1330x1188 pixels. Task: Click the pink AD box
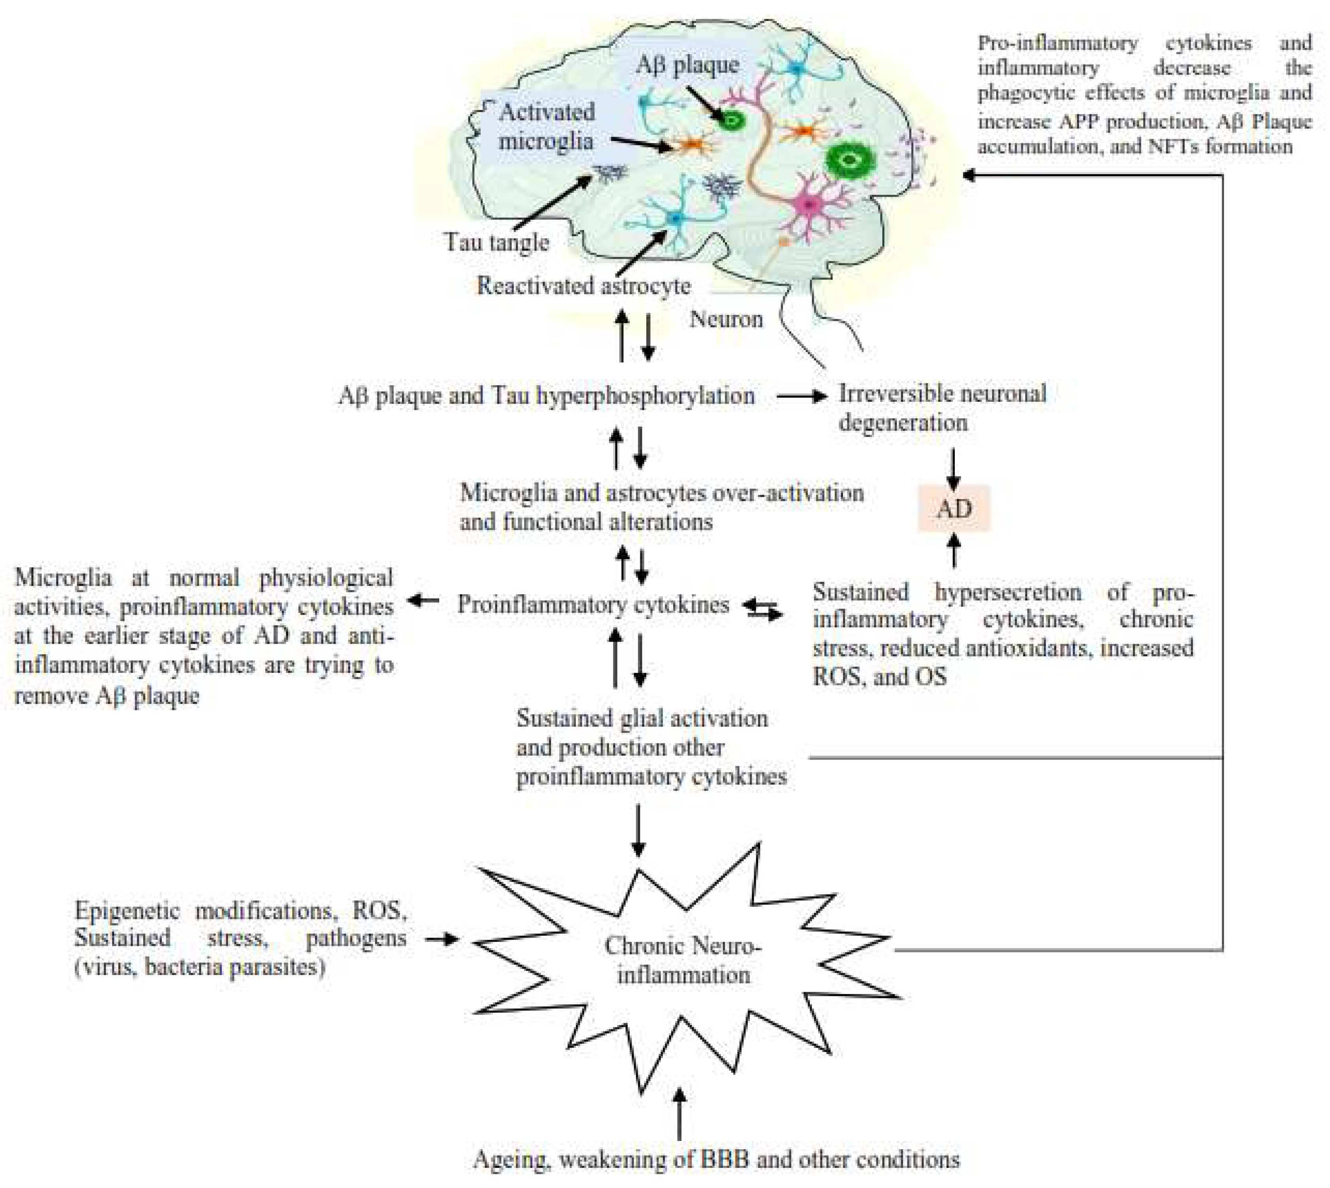point(954,508)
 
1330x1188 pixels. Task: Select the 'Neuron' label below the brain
point(726,319)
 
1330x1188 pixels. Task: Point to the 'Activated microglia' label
point(547,127)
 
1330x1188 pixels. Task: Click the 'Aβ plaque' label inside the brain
point(687,65)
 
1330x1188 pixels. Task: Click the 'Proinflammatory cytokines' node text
point(593,604)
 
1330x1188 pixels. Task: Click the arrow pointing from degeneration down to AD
point(953,469)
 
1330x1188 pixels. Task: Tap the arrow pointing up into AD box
point(954,550)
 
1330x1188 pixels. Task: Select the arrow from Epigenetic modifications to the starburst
point(441,939)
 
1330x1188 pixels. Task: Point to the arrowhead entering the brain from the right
point(969,175)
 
